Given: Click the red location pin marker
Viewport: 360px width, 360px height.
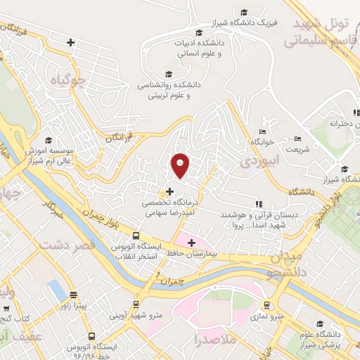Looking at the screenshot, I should click(181, 165).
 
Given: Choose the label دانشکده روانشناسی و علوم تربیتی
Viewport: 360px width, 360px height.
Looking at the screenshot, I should click(174, 89).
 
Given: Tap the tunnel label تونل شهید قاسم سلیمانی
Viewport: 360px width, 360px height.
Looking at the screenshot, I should click(321, 32).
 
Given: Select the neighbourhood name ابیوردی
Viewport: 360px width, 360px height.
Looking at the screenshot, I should click(259, 160).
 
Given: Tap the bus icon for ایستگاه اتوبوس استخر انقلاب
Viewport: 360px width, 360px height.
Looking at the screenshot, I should click(136, 236).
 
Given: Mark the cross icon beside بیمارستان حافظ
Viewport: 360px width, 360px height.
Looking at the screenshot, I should click(191, 243).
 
